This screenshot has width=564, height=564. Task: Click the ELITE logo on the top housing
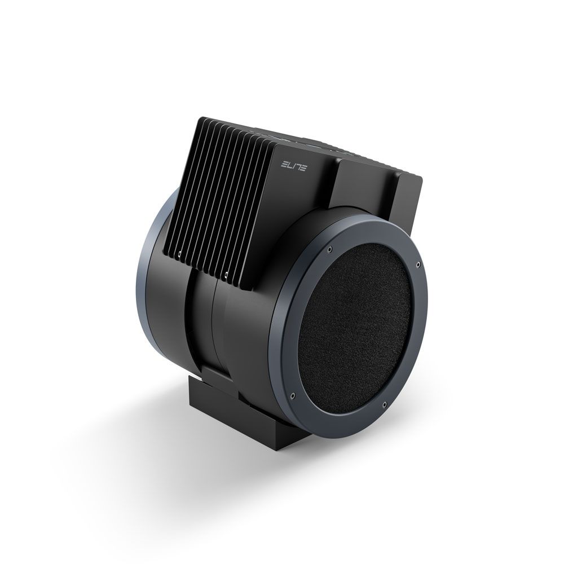click(293, 166)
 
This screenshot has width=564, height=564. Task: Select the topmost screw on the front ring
click(329, 248)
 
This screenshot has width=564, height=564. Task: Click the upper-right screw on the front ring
click(418, 265)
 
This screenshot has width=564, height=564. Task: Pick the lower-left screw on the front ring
click(293, 395)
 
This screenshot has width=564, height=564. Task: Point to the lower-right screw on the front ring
click(385, 405)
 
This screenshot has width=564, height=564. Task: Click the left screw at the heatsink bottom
click(179, 255)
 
